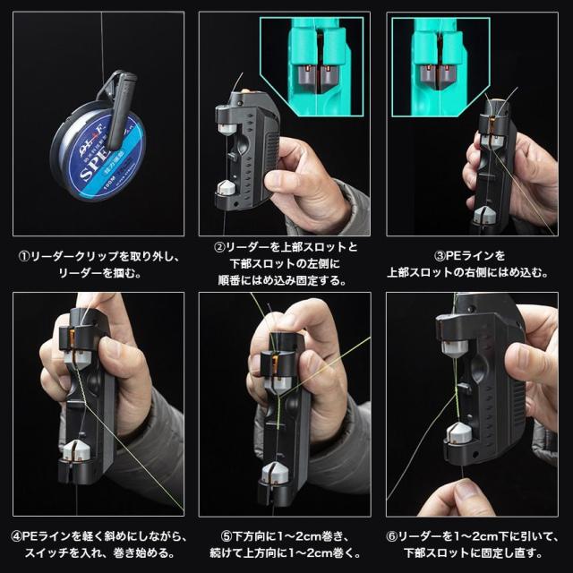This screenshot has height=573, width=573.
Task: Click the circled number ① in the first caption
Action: point(24,256)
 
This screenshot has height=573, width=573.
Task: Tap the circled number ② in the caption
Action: point(219,247)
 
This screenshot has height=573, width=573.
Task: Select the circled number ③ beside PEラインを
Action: point(440,256)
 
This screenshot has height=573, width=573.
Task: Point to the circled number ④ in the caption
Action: point(16,536)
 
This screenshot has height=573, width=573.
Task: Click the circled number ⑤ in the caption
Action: point(227,536)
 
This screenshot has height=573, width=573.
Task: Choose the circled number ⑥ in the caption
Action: point(392,536)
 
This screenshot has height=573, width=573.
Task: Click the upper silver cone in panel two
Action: point(227,129)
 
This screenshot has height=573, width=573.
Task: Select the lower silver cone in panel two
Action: point(227,187)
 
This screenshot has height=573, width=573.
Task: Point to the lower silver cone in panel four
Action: point(76,450)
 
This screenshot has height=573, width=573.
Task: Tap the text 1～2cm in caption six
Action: point(475,536)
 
